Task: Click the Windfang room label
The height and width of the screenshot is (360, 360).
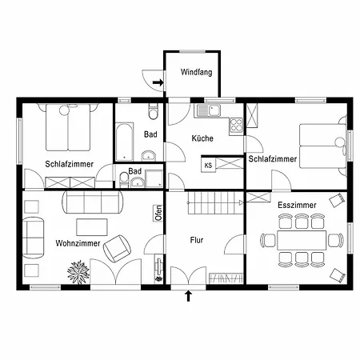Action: [x=197, y=72]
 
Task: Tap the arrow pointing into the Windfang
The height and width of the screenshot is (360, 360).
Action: [x=158, y=82]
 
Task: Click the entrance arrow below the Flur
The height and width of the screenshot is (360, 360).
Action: [x=189, y=296]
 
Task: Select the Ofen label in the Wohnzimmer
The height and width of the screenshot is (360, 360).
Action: [x=158, y=213]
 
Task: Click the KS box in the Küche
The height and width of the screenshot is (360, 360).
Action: [x=208, y=166]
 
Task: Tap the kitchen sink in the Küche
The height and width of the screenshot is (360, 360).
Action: [x=210, y=110]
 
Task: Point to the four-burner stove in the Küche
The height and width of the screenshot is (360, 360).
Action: [x=236, y=126]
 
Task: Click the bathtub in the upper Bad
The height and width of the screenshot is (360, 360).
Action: [x=125, y=142]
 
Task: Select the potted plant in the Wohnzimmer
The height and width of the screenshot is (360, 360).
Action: [x=78, y=272]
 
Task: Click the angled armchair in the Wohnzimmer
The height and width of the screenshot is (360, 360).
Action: [x=117, y=249]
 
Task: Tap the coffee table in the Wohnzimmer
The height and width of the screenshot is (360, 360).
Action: [x=92, y=227]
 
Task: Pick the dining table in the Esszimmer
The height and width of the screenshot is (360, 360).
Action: [x=302, y=240]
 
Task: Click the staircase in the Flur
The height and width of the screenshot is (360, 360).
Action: [x=215, y=203]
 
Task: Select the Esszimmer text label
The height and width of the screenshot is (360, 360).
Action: [x=297, y=205]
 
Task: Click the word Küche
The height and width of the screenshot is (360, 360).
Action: [x=202, y=138]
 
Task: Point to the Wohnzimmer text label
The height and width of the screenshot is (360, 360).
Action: [x=78, y=243]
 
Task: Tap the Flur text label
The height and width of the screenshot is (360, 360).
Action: [x=197, y=240]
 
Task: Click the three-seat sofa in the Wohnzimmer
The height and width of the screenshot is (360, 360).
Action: [x=93, y=202]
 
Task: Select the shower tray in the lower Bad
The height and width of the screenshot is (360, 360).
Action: [x=154, y=178]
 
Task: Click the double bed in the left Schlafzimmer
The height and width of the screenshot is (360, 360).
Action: [x=68, y=127]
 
